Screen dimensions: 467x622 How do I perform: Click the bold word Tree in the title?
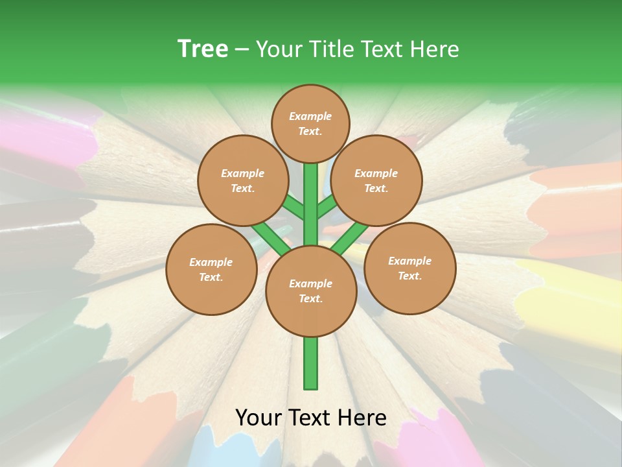click(x=203, y=49)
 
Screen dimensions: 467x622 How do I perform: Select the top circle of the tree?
click(x=310, y=123)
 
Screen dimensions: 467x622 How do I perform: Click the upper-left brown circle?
click(x=242, y=180)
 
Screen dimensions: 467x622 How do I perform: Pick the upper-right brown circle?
click(x=376, y=180)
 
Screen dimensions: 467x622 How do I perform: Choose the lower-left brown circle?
click(x=211, y=269)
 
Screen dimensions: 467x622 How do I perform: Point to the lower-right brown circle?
click(x=409, y=268)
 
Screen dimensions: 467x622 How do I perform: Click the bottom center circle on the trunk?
click(x=310, y=291)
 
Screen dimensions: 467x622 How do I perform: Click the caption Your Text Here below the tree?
click(x=310, y=418)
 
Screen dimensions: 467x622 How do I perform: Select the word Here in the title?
click(x=437, y=49)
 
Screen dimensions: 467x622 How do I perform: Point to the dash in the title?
click(x=242, y=50)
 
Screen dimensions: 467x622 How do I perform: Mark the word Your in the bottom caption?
click(x=259, y=418)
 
